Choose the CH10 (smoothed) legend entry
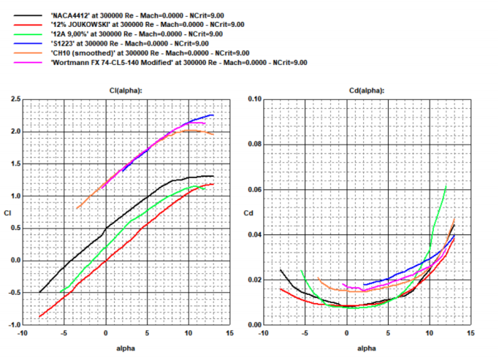click(x=149, y=53)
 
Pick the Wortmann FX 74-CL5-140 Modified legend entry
click(x=178, y=63)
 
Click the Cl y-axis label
click(x=7, y=213)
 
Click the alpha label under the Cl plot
click(x=126, y=348)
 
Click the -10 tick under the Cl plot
click(x=22, y=334)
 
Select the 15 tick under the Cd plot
click(x=470, y=334)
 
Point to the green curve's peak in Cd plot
click(x=446, y=186)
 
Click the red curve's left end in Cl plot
click(x=39, y=317)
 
